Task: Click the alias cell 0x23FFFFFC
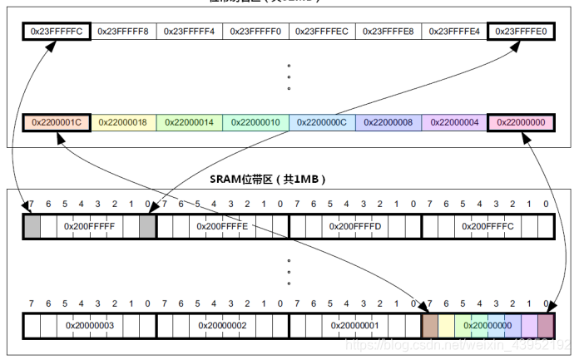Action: [x=57, y=32]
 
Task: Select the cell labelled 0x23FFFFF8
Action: [x=123, y=32]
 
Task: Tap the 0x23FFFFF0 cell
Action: [x=255, y=32]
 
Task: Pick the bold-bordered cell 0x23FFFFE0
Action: [x=521, y=32]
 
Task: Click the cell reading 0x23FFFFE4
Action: [x=454, y=32]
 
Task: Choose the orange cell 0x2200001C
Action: [x=57, y=122]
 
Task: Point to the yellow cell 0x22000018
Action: [x=123, y=122]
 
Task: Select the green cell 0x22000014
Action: [x=189, y=122]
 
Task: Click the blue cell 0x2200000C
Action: [x=322, y=122]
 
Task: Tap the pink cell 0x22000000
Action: [x=521, y=122]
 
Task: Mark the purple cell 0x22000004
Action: [x=454, y=122]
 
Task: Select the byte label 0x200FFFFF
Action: [x=89, y=225]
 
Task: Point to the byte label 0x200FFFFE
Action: [x=222, y=225]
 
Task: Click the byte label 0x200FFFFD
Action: [x=355, y=225]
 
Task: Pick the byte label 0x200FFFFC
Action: [x=488, y=225]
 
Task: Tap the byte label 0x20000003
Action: [x=89, y=325]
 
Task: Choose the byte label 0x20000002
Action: [x=222, y=325]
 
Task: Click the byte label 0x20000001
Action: [x=355, y=325]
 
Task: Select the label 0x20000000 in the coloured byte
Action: [x=488, y=325]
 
